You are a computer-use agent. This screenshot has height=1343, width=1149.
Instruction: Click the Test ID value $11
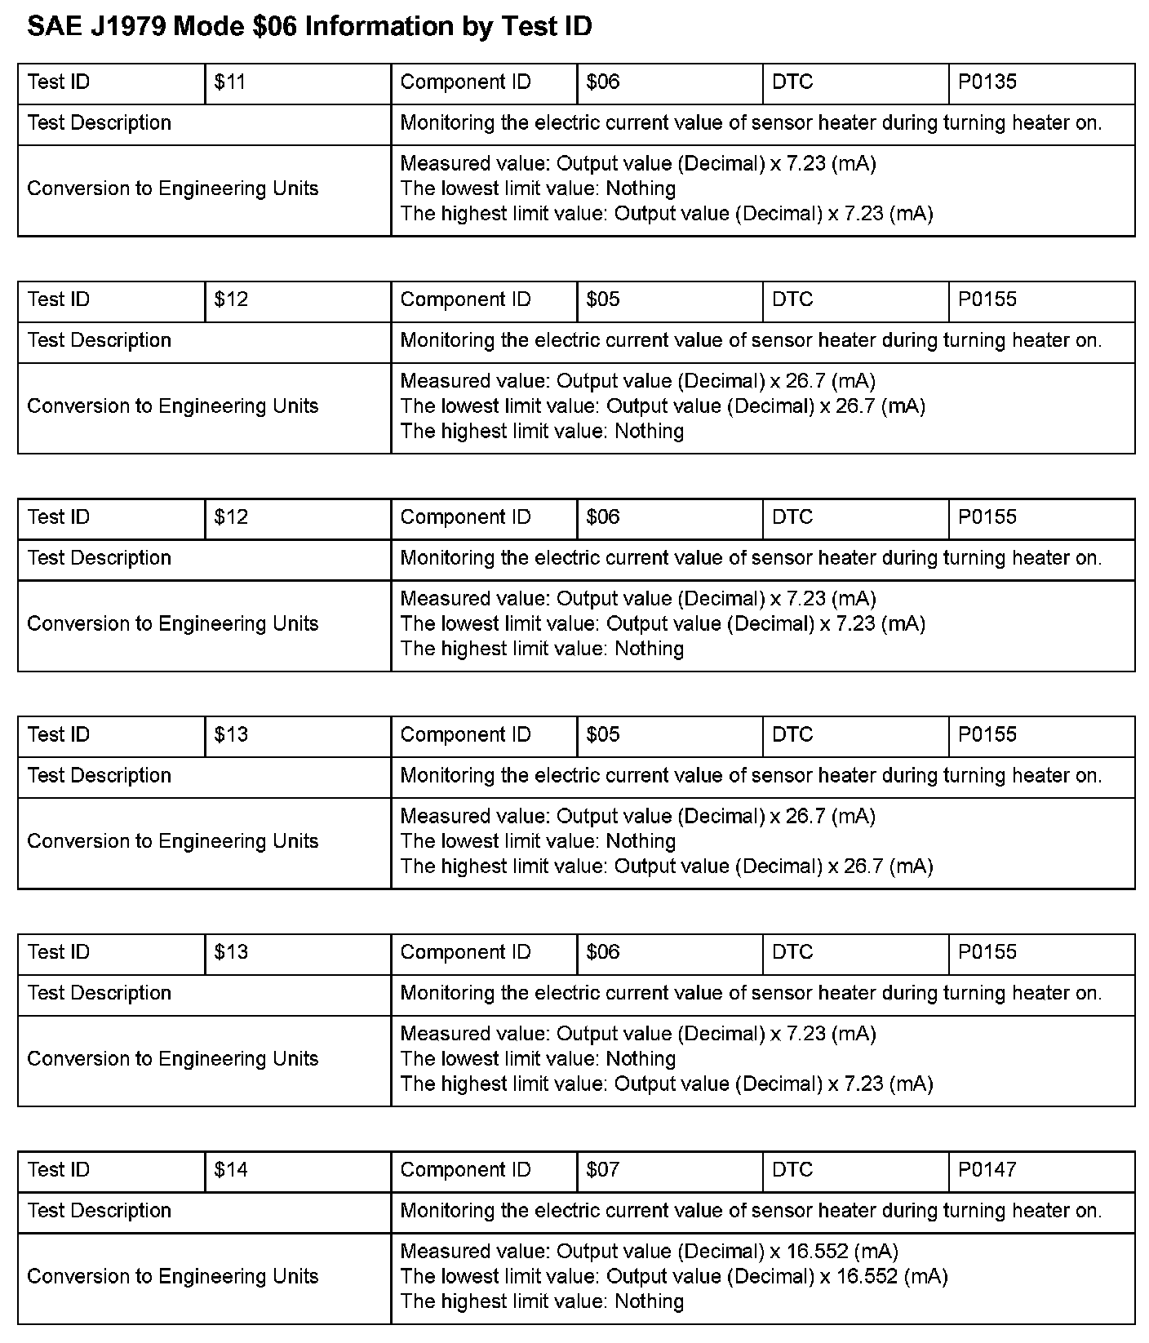[x=230, y=82]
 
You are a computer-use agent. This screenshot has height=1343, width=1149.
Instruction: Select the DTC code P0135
[x=987, y=82]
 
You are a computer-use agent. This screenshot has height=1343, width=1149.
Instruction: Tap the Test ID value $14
[x=230, y=1170]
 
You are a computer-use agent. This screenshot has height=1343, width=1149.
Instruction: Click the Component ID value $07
[x=603, y=1170]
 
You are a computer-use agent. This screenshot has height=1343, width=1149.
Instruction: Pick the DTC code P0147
[x=987, y=1170]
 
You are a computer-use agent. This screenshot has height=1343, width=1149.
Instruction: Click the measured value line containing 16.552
[x=649, y=1252]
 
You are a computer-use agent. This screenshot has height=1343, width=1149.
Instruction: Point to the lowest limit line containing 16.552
[x=673, y=1277]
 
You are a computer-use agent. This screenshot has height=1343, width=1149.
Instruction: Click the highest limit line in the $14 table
[x=542, y=1302]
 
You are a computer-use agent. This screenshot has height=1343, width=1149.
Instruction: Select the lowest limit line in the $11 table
[x=538, y=189]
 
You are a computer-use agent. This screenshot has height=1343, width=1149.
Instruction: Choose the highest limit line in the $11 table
[x=666, y=215]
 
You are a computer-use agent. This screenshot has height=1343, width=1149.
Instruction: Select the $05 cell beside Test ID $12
[x=603, y=299]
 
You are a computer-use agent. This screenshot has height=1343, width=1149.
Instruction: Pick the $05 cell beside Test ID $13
[x=603, y=735]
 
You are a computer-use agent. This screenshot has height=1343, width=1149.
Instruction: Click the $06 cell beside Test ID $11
[x=603, y=82]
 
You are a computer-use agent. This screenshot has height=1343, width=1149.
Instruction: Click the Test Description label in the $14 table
[x=99, y=1211]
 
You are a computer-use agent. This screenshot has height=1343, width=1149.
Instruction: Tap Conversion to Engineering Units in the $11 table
[x=172, y=189]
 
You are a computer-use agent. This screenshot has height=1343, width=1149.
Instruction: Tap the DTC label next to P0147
[x=792, y=1170]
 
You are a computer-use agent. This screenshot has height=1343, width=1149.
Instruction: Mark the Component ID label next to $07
[x=465, y=1170]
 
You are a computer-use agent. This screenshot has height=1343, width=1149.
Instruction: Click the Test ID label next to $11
[x=59, y=82]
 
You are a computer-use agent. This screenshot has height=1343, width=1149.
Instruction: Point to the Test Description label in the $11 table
[x=99, y=123]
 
